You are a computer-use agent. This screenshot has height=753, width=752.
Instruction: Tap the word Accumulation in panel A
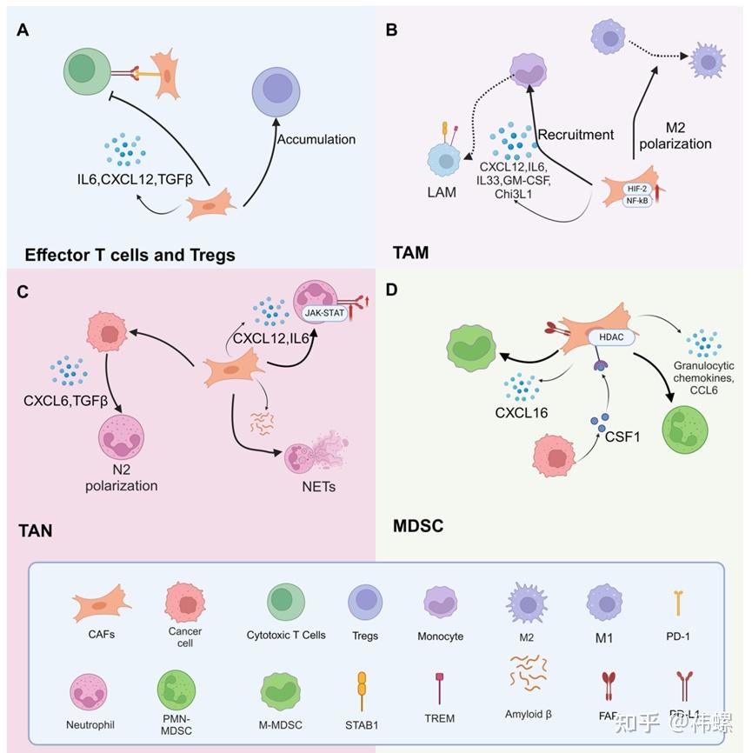[316, 139]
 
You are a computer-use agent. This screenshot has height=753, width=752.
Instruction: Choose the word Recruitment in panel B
[576, 135]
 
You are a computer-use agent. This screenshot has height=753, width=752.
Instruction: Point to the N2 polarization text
[122, 477]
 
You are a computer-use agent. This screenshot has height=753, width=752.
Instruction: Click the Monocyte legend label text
[443, 636]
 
